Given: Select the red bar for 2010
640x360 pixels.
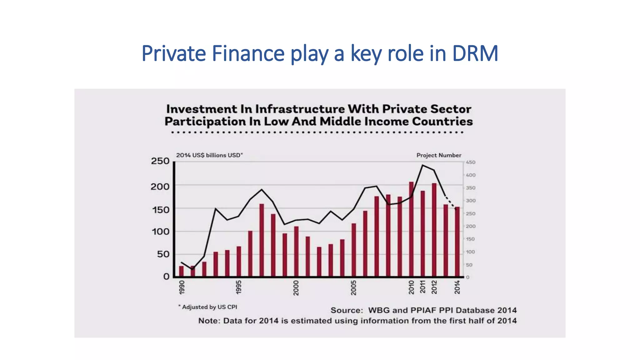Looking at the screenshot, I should pyautogui.click(x=411, y=230).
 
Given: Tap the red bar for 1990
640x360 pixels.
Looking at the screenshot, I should pyautogui.click(x=181, y=271).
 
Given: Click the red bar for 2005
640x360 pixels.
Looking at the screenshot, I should pyautogui.click(x=354, y=250).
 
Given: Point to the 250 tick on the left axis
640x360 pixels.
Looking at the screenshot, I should pyautogui.click(x=160, y=161).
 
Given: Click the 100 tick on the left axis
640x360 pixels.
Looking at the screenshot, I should pyautogui.click(x=160, y=232).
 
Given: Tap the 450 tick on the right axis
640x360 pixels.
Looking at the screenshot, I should pyautogui.click(x=471, y=162).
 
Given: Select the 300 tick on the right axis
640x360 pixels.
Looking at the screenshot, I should pyautogui.click(x=471, y=201).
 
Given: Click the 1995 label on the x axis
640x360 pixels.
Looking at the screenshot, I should pyautogui.click(x=239, y=287).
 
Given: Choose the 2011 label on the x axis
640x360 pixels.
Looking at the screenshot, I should pyautogui.click(x=422, y=287).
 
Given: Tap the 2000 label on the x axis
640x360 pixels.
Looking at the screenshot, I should pyautogui.click(x=296, y=287).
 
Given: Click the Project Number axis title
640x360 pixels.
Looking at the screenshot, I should pyautogui.click(x=439, y=155).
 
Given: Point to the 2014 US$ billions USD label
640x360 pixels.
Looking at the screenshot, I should pyautogui.click(x=209, y=155).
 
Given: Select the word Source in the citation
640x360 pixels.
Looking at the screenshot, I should pyautogui.click(x=346, y=310).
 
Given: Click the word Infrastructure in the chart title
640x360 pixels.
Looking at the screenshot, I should pyautogui.click(x=299, y=109).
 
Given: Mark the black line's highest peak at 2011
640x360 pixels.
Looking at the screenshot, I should pyautogui.click(x=422, y=165).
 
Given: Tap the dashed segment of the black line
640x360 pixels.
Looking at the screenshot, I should pyautogui.click(x=451, y=203).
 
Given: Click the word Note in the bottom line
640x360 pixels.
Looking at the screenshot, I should pyautogui.click(x=209, y=321).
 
